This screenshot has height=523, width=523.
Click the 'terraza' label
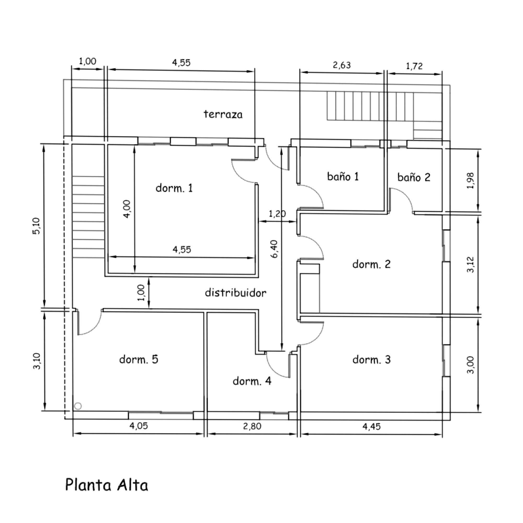(223, 114)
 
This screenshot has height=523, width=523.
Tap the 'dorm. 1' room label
(174, 188)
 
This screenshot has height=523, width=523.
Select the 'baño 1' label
(343, 176)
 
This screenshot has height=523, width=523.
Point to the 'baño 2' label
(414, 177)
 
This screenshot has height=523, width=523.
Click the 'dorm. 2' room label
(371, 264)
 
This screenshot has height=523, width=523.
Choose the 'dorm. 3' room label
(371, 360)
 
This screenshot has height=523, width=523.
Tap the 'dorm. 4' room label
(252, 381)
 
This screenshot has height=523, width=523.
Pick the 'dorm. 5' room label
(139, 359)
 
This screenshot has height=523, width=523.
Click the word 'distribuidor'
(236, 293)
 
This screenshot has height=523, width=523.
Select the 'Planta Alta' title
(107, 485)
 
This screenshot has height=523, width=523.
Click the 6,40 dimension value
(274, 249)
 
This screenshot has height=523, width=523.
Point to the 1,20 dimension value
(277, 214)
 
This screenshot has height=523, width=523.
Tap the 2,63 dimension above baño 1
(342, 65)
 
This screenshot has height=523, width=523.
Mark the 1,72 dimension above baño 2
(414, 66)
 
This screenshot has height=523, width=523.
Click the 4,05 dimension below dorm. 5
(139, 426)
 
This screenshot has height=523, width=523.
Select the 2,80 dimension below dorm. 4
(252, 426)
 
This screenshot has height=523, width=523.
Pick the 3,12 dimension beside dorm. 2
(471, 264)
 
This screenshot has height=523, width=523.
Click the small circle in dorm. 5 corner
(78, 406)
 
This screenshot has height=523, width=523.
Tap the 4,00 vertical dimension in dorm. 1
(127, 209)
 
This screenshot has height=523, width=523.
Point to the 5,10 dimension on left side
(36, 226)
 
